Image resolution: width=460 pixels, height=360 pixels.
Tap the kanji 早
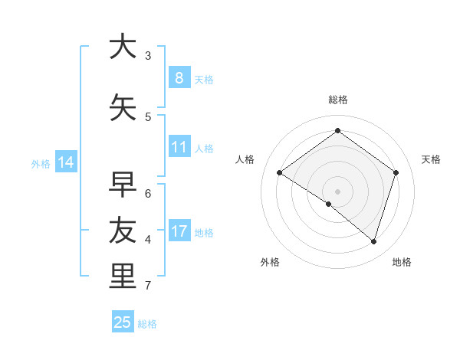coord(123,185)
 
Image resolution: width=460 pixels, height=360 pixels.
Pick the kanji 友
coord(123,231)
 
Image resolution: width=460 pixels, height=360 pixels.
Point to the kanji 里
coord(123,276)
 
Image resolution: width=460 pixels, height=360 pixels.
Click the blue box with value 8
coord(179,78)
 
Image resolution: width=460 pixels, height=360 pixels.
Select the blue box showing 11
coord(179,147)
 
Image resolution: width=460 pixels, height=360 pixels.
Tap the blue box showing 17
coord(179,231)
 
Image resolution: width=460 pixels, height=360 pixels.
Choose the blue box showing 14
coord(65,162)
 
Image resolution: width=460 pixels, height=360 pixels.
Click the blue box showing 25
coord(123,322)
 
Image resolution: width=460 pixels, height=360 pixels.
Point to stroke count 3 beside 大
coord(148,55)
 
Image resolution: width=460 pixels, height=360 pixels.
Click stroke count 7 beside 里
coord(148,286)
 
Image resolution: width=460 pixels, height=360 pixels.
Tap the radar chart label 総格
coord(337,100)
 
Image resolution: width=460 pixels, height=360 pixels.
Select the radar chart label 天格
coord(431,159)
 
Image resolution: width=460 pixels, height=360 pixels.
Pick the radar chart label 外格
coord(270,262)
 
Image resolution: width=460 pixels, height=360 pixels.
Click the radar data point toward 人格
coord(280,173)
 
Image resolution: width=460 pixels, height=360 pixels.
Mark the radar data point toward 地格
coord(373,241)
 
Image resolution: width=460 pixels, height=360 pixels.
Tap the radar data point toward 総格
coord(337,131)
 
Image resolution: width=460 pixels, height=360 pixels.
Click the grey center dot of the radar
coord(337,191)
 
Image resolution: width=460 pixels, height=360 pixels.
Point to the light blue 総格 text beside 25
coord(147,324)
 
